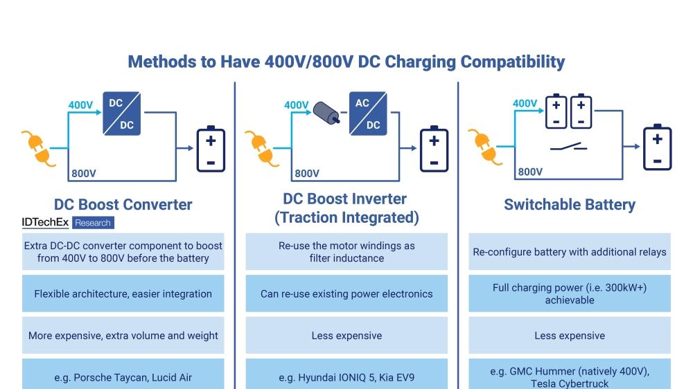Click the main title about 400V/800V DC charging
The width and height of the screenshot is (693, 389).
tap(346, 62)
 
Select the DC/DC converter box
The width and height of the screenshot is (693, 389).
tap(121, 114)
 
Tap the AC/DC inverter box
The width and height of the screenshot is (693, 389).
tap(367, 114)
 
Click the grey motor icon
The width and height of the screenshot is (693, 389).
tap(326, 113)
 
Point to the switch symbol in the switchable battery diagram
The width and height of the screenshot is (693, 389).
tap(569, 147)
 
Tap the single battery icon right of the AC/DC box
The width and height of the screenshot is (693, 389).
tap(434, 148)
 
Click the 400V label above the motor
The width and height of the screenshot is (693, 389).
tap(296, 105)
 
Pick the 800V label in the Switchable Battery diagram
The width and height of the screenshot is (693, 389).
tap(530, 172)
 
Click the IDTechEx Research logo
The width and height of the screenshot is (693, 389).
tap(67, 223)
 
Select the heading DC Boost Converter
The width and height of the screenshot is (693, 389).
tap(123, 204)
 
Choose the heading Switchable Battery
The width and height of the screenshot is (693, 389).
tap(569, 204)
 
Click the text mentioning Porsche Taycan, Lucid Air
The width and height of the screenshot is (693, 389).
tap(123, 377)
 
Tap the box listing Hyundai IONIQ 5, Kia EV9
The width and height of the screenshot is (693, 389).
tap(346, 377)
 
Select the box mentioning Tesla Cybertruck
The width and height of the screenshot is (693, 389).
tap(569, 377)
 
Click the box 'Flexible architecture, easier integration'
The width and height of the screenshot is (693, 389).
tap(123, 293)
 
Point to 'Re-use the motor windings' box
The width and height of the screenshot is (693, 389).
tap(346, 252)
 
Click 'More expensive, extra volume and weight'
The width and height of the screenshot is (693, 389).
tap(123, 336)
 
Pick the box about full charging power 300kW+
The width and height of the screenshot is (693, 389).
tap(569, 293)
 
